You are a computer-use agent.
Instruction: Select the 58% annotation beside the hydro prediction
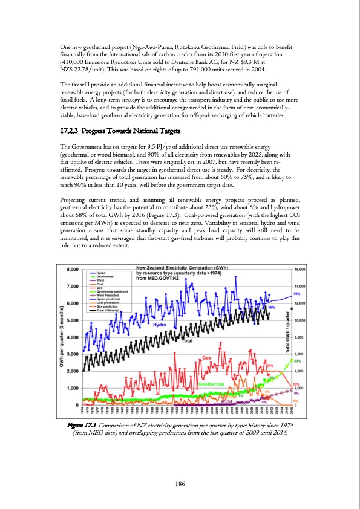point(298,327)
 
